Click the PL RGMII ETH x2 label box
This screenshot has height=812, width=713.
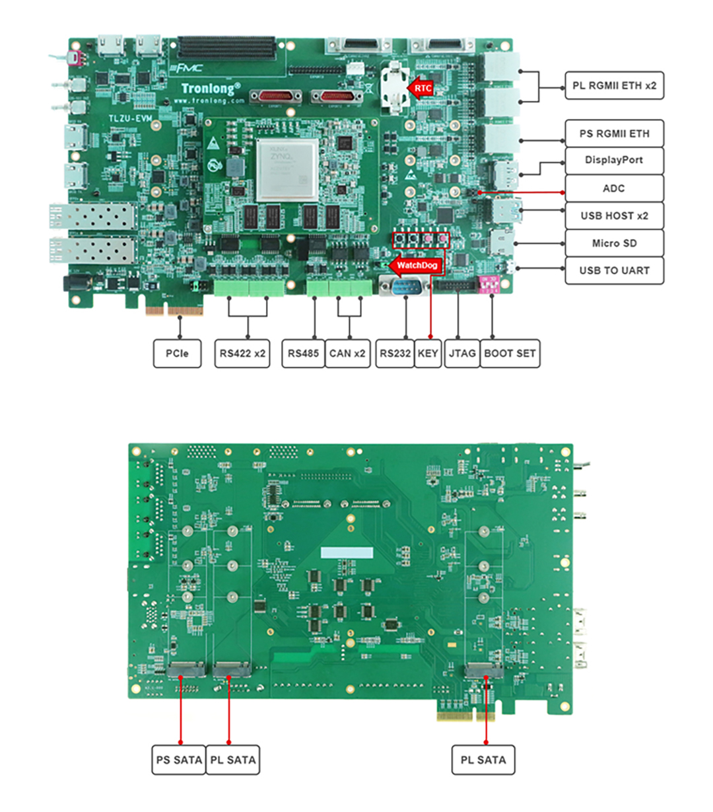pyautogui.click(x=614, y=86)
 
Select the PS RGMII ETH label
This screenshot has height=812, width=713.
pyautogui.click(x=614, y=133)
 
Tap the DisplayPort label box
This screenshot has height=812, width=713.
pyautogui.click(x=614, y=161)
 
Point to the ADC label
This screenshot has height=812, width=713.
pyautogui.click(x=614, y=188)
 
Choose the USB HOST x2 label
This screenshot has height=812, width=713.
pyautogui.click(x=614, y=216)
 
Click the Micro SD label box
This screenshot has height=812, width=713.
pyautogui.click(x=614, y=243)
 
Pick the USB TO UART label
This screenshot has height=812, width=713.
pyautogui.click(x=614, y=270)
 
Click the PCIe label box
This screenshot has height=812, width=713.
pyautogui.click(x=177, y=353)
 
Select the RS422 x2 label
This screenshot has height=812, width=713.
pyautogui.click(x=242, y=353)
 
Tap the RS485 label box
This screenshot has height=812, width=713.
pyautogui.click(x=303, y=353)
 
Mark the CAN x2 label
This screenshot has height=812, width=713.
pyautogui.click(x=347, y=353)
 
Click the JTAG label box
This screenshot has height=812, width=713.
pyautogui.click(x=461, y=353)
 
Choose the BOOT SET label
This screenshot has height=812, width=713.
pyautogui.click(x=510, y=353)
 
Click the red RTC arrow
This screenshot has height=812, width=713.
pyautogui.click(x=421, y=87)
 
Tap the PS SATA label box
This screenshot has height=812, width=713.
pyautogui.click(x=179, y=760)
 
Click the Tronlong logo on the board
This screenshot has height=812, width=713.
pyautogui.click(x=210, y=88)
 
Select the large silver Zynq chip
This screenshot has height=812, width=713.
pyautogui.click(x=287, y=169)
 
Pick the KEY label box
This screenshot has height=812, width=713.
pyautogui.click(x=428, y=353)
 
